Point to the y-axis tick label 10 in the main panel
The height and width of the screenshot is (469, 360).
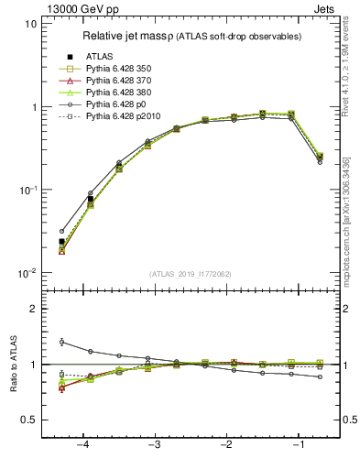click(x=30, y=24)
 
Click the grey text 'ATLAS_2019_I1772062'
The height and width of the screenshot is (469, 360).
click(x=190, y=274)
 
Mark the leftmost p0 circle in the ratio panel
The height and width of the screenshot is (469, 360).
click(x=61, y=342)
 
